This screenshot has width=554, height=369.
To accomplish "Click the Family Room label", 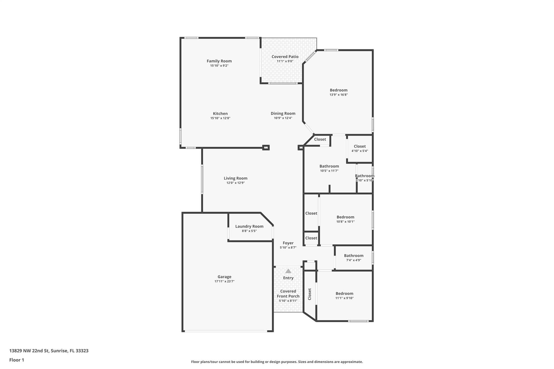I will pos(219,61).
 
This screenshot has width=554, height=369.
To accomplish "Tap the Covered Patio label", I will pos(285,56).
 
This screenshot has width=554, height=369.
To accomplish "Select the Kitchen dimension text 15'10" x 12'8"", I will pos(220,118).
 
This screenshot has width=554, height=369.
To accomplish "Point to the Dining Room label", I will pos(283,114).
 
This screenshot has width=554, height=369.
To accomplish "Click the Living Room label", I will pos(235,178).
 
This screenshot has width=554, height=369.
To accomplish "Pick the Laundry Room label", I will pos(249,226).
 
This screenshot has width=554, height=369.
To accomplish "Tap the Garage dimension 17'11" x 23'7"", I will pos(224,281).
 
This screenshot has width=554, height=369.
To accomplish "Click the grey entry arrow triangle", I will pos(288,271).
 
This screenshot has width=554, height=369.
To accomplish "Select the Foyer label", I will pos(288,243).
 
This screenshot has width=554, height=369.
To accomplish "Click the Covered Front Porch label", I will pos(288,294).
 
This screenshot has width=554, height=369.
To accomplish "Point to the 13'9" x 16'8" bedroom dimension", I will pos(338,95).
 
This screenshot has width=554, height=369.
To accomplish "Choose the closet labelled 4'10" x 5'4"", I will pos(360,146).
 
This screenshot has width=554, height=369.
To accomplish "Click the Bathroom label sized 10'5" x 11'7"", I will pos(329,166).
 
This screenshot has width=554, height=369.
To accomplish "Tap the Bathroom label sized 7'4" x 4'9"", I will pos(354,255).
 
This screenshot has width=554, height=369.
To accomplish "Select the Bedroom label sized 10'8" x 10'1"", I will pos(345,217).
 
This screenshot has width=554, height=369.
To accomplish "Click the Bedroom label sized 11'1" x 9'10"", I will pos(344,294).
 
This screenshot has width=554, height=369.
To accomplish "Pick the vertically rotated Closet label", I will pos(310,294).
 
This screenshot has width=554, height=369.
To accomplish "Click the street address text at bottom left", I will pos(49,351).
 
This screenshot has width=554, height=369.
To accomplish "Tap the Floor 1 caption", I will pos(17,360).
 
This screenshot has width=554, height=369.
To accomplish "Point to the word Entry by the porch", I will pos(288,278).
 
